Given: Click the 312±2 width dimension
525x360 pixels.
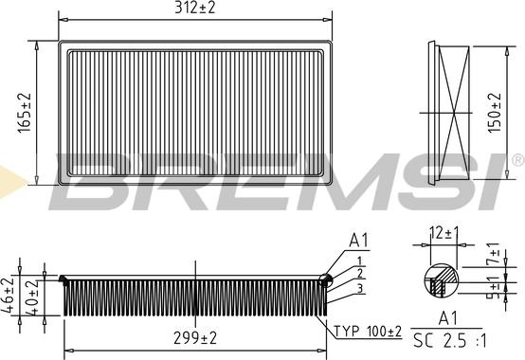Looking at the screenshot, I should click(x=195, y=9).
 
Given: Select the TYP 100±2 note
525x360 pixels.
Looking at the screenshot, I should click(x=368, y=332).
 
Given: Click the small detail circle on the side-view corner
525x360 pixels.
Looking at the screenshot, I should click(x=325, y=279).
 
